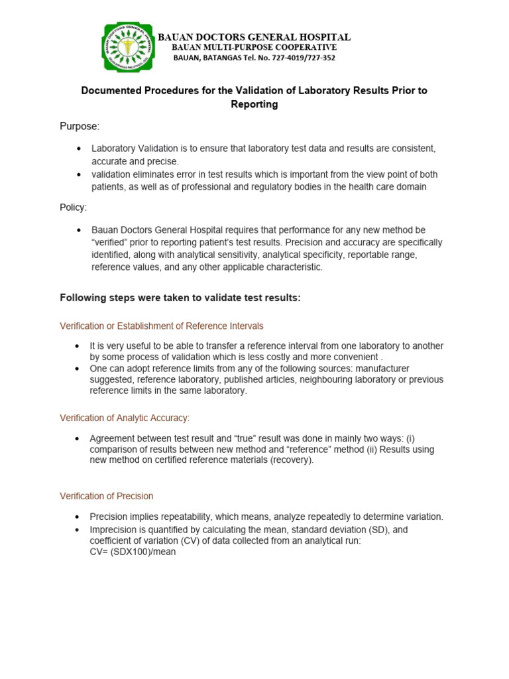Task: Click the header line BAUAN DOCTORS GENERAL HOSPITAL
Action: [x=254, y=37]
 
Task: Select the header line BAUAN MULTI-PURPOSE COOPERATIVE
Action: [x=254, y=48]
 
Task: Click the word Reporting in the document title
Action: [x=254, y=105]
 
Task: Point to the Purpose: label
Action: [x=80, y=126]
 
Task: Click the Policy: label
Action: [x=74, y=208]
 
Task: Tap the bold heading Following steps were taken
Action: [x=180, y=298]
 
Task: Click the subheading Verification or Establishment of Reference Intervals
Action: [x=162, y=326]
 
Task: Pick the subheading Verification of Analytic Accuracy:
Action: [x=125, y=418]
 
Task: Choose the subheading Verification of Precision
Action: [x=107, y=496]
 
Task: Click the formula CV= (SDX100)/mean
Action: [x=133, y=552]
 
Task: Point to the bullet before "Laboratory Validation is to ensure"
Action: [x=80, y=149]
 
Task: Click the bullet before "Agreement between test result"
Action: [x=80, y=439]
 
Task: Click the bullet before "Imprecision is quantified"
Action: [x=80, y=530]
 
